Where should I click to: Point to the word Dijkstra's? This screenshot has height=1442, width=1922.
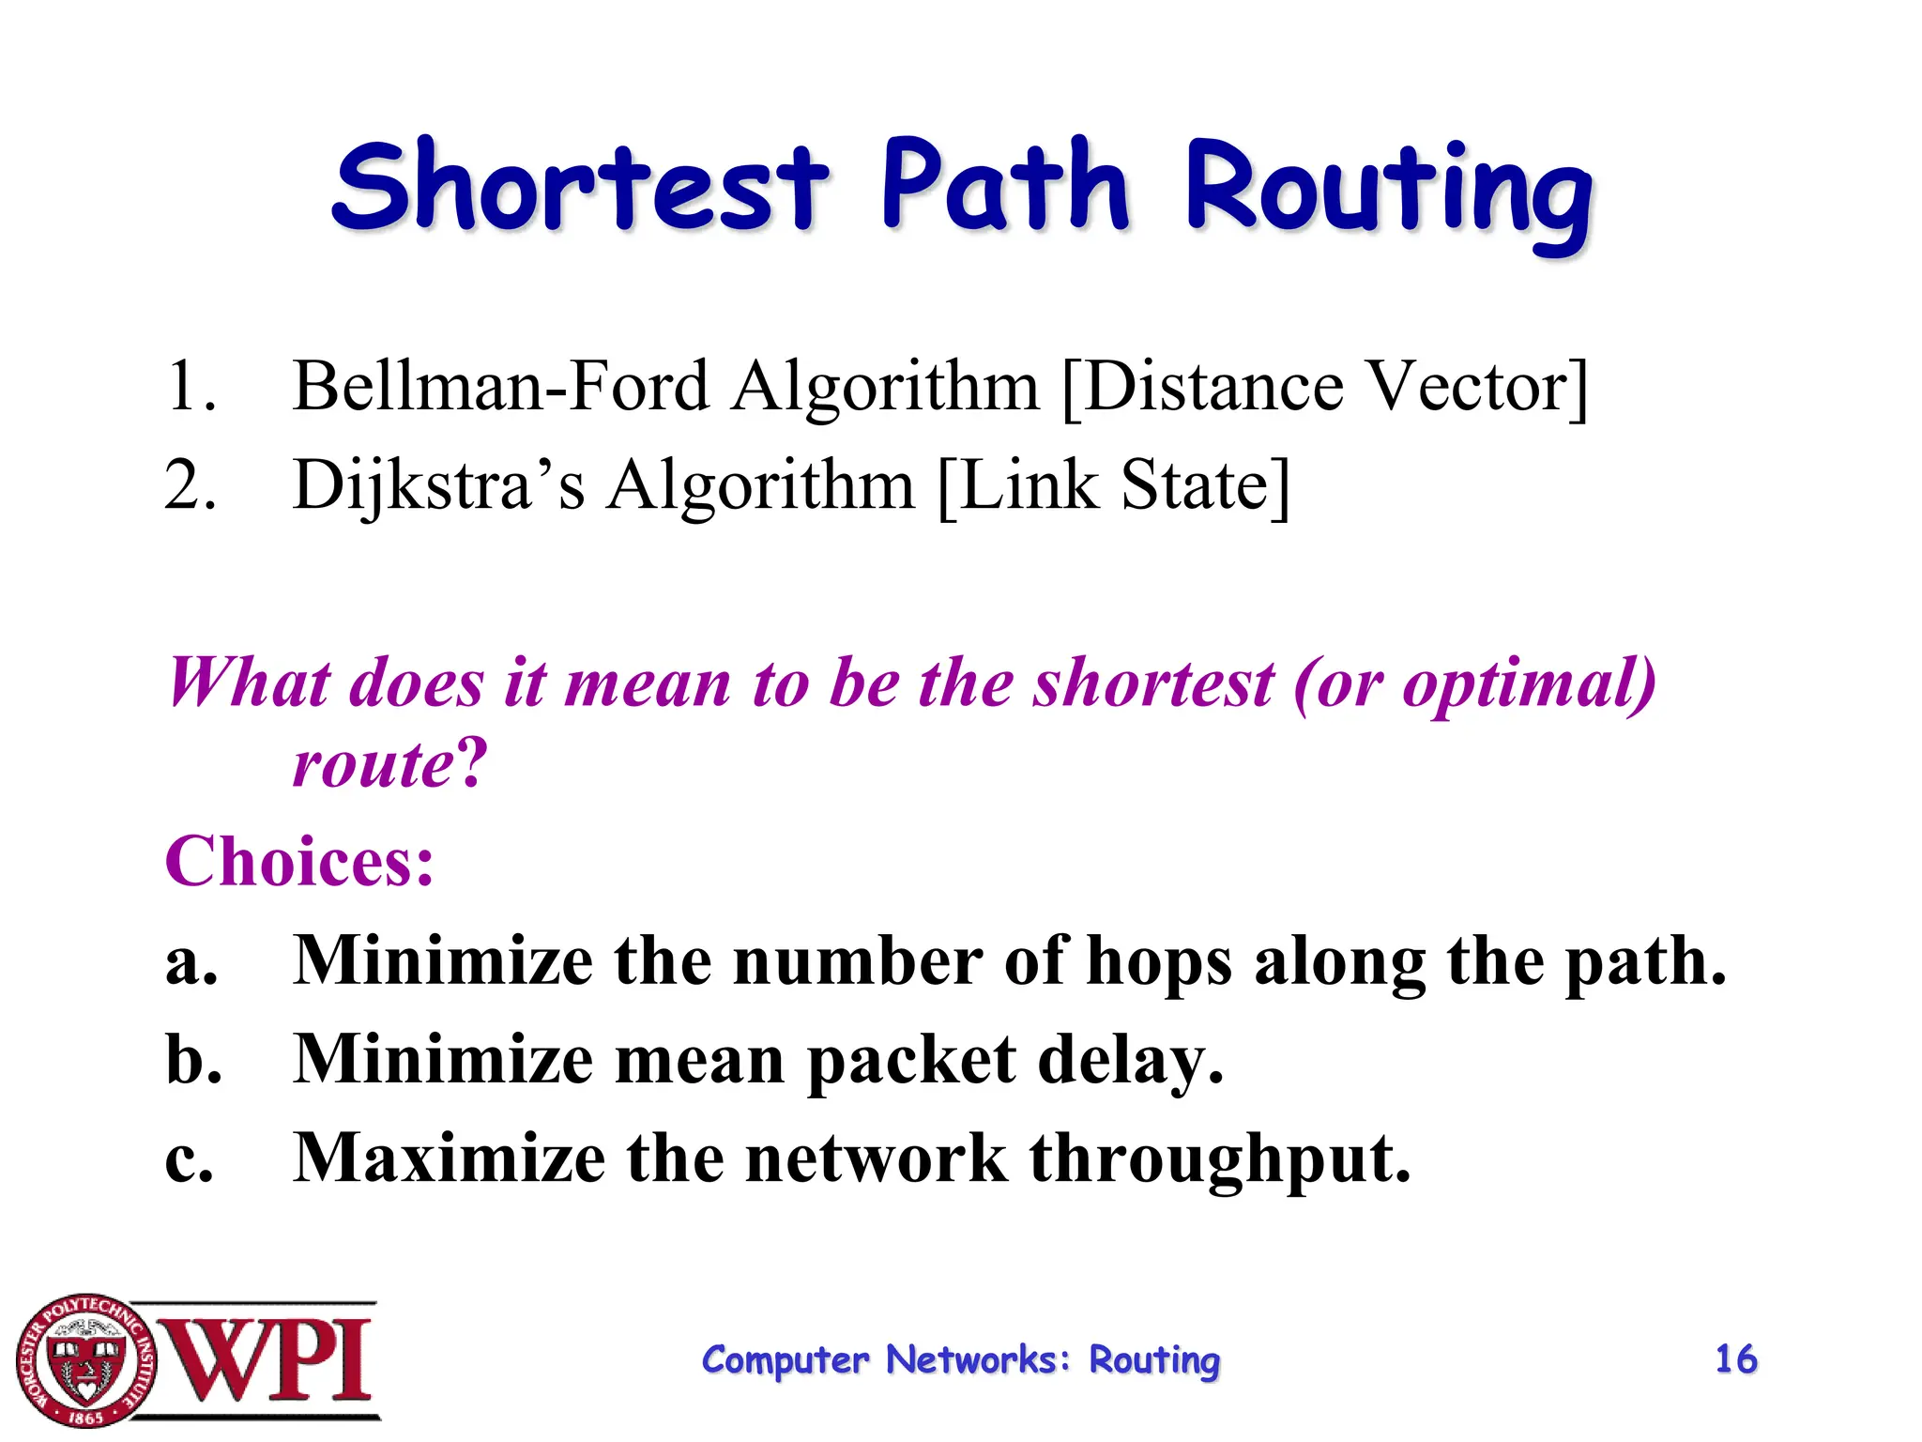pos(438,485)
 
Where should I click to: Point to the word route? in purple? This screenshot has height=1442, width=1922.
pos(389,762)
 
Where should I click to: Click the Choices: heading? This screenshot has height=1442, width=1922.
pos(299,861)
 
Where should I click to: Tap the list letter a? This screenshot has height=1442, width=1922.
pos(191,963)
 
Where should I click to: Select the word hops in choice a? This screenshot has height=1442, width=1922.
pos(1158,963)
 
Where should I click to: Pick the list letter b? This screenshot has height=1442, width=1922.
pos(192,1061)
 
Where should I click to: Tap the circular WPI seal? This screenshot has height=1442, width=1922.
pos(85,1360)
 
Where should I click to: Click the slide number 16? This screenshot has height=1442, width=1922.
pos(1735,1359)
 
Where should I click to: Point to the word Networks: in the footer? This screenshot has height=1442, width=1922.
pos(978,1360)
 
